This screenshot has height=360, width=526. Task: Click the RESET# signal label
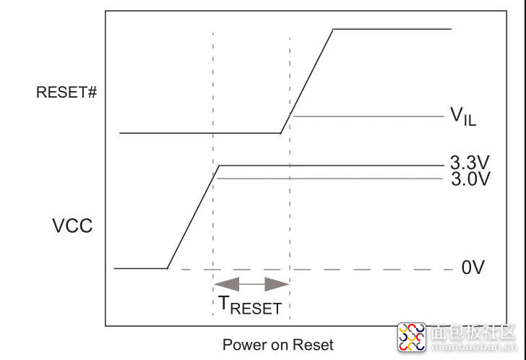pos(66,93)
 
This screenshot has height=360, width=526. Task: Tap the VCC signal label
pos(72,226)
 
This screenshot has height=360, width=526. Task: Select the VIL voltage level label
pos(463,116)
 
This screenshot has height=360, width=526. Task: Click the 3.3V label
pos(471,163)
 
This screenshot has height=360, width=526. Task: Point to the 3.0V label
pos(471,178)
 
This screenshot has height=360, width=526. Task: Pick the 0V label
pos(473,268)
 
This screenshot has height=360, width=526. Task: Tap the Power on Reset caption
pos(277,345)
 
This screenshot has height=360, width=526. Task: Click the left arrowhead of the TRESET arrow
pos(223,283)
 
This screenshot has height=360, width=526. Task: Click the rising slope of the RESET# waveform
pos(307,80)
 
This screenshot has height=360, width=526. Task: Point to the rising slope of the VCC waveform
pos(193,217)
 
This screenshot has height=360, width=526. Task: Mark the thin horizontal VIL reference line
pos(368,116)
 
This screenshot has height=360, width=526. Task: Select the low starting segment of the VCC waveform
pos(140,269)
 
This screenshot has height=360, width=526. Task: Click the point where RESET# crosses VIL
pos(290,116)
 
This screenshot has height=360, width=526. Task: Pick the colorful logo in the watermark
pos(413,336)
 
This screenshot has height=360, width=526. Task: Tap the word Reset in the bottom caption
pos(315,345)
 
